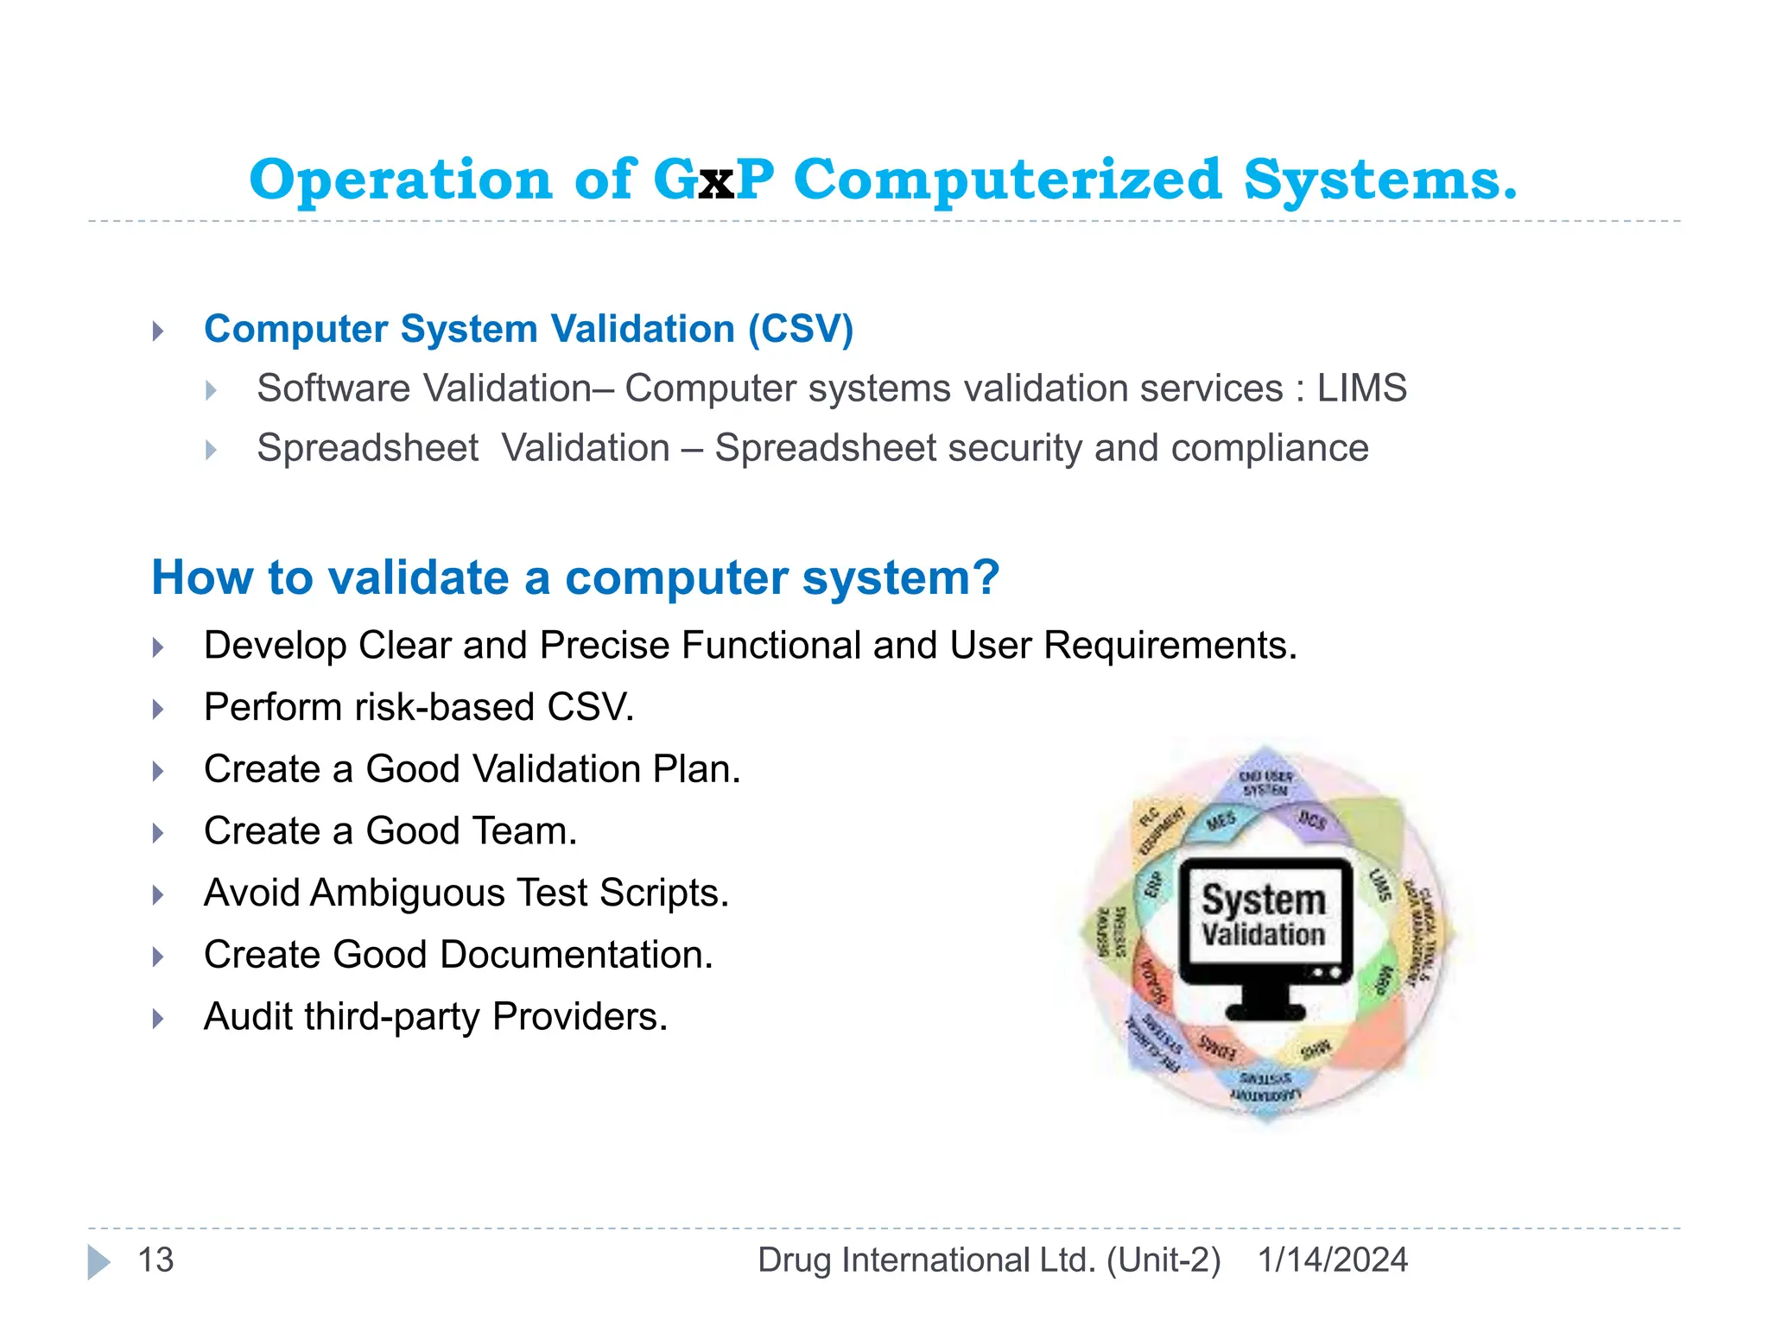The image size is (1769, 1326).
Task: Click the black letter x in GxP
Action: pyautogui.click(x=716, y=183)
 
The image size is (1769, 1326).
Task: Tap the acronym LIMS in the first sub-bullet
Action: pyautogui.click(x=1361, y=388)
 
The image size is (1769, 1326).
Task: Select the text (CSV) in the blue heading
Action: pyautogui.click(x=801, y=329)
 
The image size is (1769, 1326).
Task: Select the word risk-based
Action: pyautogui.click(x=445, y=707)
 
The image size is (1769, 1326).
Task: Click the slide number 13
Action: pyautogui.click(x=156, y=1260)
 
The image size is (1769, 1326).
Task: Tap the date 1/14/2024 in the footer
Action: pyautogui.click(x=1332, y=1260)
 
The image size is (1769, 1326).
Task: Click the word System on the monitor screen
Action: pyautogui.click(x=1264, y=900)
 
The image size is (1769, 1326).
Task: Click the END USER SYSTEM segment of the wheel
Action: pyautogui.click(x=1265, y=782)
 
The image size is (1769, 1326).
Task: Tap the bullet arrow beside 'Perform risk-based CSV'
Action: pyautogui.click(x=158, y=709)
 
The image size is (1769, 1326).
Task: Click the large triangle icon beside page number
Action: pyautogui.click(x=98, y=1262)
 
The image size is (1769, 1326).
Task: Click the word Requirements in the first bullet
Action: pyautogui.click(x=1170, y=646)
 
